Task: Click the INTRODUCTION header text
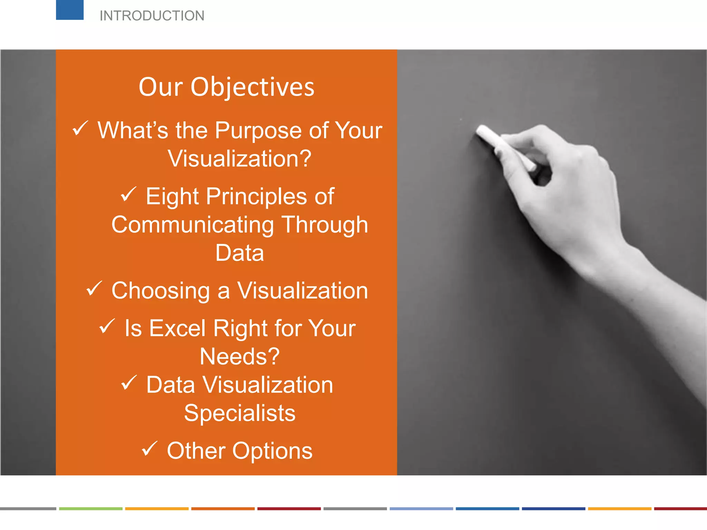point(152,16)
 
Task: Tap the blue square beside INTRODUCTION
point(70,10)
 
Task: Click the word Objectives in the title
point(252,87)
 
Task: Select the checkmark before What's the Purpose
point(80,128)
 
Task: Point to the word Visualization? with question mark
point(240,159)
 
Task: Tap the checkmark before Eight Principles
point(128,194)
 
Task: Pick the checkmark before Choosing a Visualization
point(94,288)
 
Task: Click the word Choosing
point(161,291)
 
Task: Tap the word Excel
point(177,328)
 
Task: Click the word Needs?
point(240,356)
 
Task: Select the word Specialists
point(240,413)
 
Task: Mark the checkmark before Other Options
point(149,449)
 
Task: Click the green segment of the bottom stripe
point(90,509)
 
